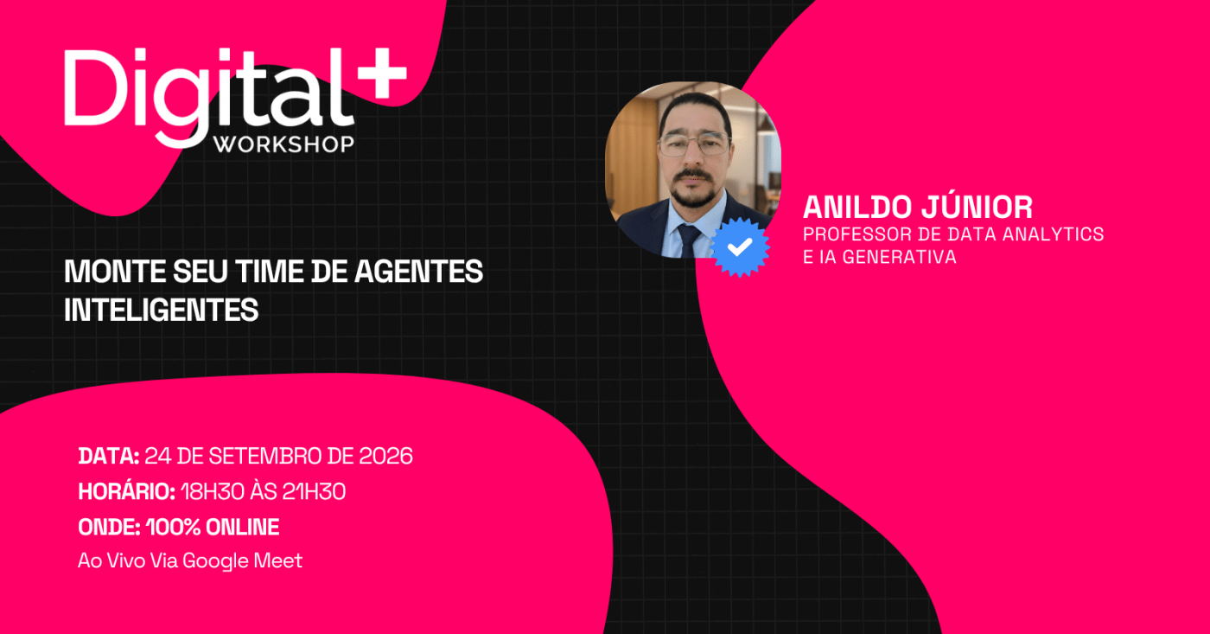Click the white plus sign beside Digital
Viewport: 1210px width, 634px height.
pos(382,74)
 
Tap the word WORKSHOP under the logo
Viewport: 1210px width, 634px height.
pos(284,144)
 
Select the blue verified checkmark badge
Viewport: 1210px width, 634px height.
pos(740,247)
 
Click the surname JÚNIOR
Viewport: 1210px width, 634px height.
pos(978,207)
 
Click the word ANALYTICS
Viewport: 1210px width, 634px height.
pos(1053,234)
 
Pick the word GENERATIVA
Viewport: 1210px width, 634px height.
pos(900,257)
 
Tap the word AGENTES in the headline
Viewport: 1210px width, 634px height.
pos(418,272)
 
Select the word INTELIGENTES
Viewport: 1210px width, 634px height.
pos(161,310)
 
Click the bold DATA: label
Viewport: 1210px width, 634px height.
pos(109,456)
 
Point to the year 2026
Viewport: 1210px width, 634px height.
pos(385,456)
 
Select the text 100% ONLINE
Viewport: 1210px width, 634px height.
pos(213,527)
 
